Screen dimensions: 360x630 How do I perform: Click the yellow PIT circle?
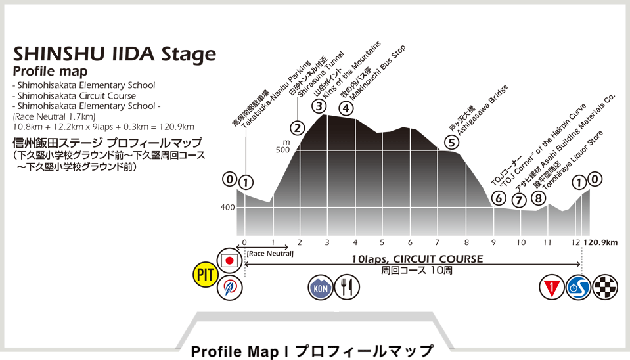point(206,274)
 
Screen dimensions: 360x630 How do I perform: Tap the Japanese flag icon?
point(229,260)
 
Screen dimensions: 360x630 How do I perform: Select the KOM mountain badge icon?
point(321,287)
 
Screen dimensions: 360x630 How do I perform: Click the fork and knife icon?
point(347,287)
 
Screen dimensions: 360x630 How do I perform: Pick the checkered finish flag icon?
point(605,287)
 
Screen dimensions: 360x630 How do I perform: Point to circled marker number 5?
point(451,141)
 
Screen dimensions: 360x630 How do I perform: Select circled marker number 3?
point(319,106)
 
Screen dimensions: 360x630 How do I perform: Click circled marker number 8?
point(539,198)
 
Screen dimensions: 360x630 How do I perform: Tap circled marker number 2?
point(298,127)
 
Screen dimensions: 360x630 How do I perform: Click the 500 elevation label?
point(282,150)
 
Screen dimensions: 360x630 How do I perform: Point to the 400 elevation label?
point(227,208)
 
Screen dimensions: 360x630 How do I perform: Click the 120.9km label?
point(600,242)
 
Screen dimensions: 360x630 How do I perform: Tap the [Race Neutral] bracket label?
point(270,253)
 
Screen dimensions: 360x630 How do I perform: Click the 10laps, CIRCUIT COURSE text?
point(416,259)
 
